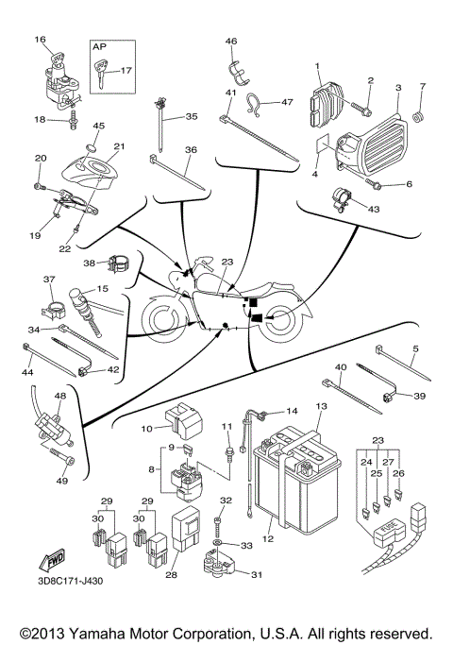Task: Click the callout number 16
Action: (x=40, y=40)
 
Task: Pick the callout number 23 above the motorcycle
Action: (x=226, y=263)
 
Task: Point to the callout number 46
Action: (x=231, y=40)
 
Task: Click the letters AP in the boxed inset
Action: (x=99, y=44)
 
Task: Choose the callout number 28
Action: (x=173, y=575)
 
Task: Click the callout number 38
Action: (x=89, y=263)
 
